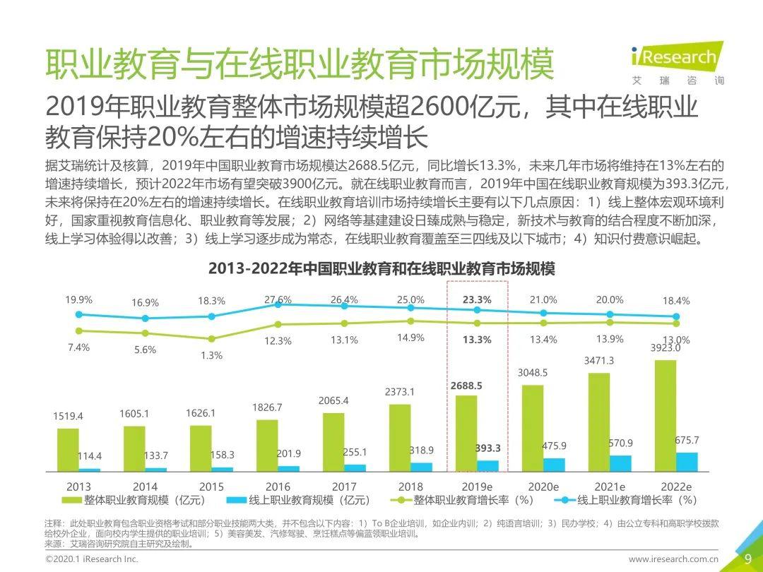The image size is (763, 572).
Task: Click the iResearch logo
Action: pos(675,61)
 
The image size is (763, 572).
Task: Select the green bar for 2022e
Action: pos(665,415)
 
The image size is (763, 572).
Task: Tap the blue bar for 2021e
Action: pos(620,463)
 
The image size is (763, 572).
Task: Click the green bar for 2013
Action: pos(68,449)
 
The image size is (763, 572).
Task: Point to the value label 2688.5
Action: pos(466,386)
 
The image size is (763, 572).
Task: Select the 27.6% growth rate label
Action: pos(278,299)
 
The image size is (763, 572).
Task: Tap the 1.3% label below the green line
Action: pos(211,355)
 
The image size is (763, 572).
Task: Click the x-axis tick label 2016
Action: pos(278,487)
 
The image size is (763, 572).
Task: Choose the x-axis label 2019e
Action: pos(477,487)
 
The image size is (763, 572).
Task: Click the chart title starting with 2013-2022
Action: pos(381,269)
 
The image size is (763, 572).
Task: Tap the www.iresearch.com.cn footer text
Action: pos(673,559)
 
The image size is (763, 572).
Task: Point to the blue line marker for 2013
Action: pos(79,314)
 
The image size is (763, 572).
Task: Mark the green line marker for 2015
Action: pos(211,339)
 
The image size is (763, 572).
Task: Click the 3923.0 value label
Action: pos(665,348)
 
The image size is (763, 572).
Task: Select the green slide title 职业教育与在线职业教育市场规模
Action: pos(300,65)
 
